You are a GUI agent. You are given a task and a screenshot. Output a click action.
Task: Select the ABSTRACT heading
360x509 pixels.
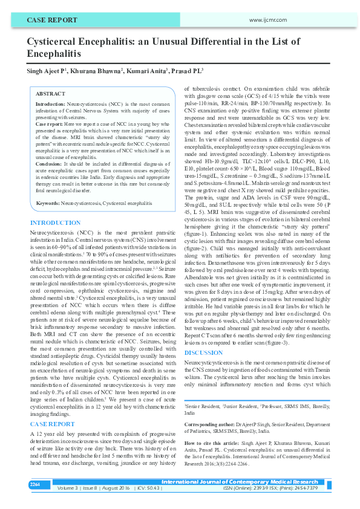pos(50,94)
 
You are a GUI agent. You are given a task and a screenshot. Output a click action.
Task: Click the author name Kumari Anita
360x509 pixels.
pos(145,71)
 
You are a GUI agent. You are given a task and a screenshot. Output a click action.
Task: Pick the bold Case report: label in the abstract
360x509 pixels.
pos(50,123)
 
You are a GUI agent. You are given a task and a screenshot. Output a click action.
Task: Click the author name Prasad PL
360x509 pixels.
pos(184,71)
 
